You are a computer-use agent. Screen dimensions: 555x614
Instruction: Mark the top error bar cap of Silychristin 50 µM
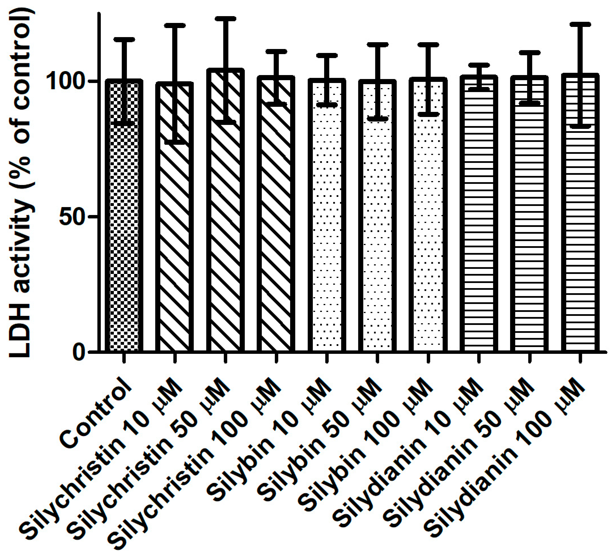(225, 19)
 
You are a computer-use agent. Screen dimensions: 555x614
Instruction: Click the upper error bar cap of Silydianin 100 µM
(580, 24)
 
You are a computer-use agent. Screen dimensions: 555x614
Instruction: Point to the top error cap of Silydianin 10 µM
(479, 65)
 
